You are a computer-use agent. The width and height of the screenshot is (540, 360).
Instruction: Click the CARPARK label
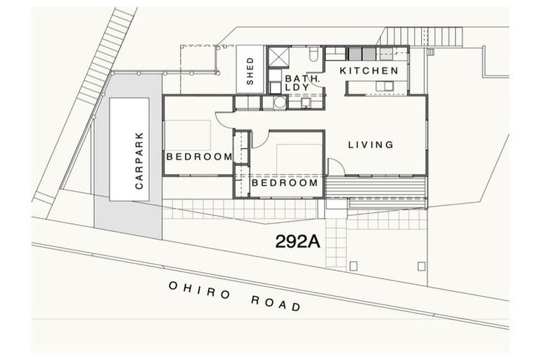[139, 162]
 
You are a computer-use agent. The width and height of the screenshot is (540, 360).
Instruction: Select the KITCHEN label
[369, 71]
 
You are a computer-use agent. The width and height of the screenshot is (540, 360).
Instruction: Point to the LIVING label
[371, 145]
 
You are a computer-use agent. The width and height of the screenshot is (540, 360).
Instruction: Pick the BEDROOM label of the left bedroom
[199, 156]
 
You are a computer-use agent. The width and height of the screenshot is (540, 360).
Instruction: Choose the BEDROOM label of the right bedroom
[285, 183]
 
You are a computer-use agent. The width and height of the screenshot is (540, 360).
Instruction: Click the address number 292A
[297, 242]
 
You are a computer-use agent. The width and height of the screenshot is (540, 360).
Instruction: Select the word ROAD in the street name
[276, 303]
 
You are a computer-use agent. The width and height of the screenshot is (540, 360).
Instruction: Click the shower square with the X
[278, 57]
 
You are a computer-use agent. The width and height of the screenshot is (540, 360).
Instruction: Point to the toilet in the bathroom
[314, 55]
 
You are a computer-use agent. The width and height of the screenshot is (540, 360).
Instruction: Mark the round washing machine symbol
[281, 103]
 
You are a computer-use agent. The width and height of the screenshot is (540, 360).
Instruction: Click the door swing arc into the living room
[334, 166]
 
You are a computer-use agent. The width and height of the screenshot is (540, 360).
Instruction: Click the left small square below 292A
[353, 265]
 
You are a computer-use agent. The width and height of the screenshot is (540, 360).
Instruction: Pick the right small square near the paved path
[421, 265]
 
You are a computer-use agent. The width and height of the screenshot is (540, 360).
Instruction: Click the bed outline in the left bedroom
[188, 134]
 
